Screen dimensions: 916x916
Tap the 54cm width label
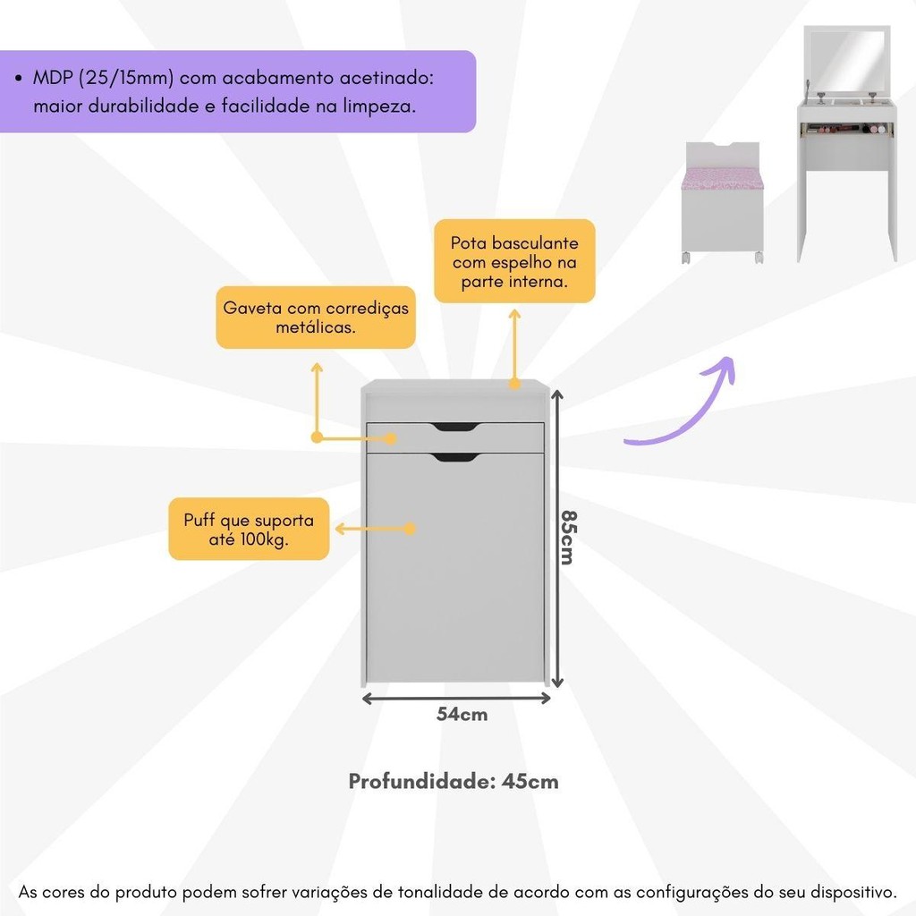click(x=462, y=714)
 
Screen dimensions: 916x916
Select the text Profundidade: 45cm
click(x=454, y=781)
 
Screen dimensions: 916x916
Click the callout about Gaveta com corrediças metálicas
click(x=316, y=318)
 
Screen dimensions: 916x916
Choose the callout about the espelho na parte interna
click(x=514, y=261)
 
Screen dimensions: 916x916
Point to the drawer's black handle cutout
click(x=454, y=427)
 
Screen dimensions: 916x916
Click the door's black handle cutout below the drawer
click(x=454, y=458)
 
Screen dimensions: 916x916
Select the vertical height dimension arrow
click(x=557, y=537)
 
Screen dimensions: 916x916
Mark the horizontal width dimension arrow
click(x=456, y=697)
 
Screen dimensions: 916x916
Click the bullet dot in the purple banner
click(x=20, y=79)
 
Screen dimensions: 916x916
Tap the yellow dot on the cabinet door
click(x=410, y=529)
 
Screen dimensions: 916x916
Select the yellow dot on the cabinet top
click(x=514, y=384)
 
